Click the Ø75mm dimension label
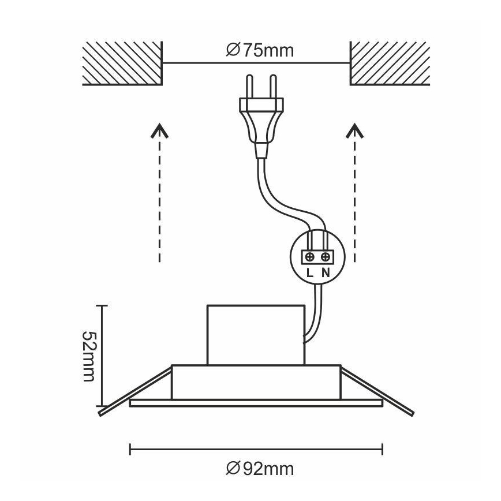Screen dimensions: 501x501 [259, 50]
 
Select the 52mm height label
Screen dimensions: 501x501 [88, 356]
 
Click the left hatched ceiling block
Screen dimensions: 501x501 [121, 64]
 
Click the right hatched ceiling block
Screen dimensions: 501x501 [390, 64]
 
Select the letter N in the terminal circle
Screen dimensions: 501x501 [326, 272]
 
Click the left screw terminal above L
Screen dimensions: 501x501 [311, 256]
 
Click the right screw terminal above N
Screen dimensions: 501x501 [326, 256]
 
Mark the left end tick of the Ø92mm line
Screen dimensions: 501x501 [130, 448]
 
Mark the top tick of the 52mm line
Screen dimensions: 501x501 [102, 305]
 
